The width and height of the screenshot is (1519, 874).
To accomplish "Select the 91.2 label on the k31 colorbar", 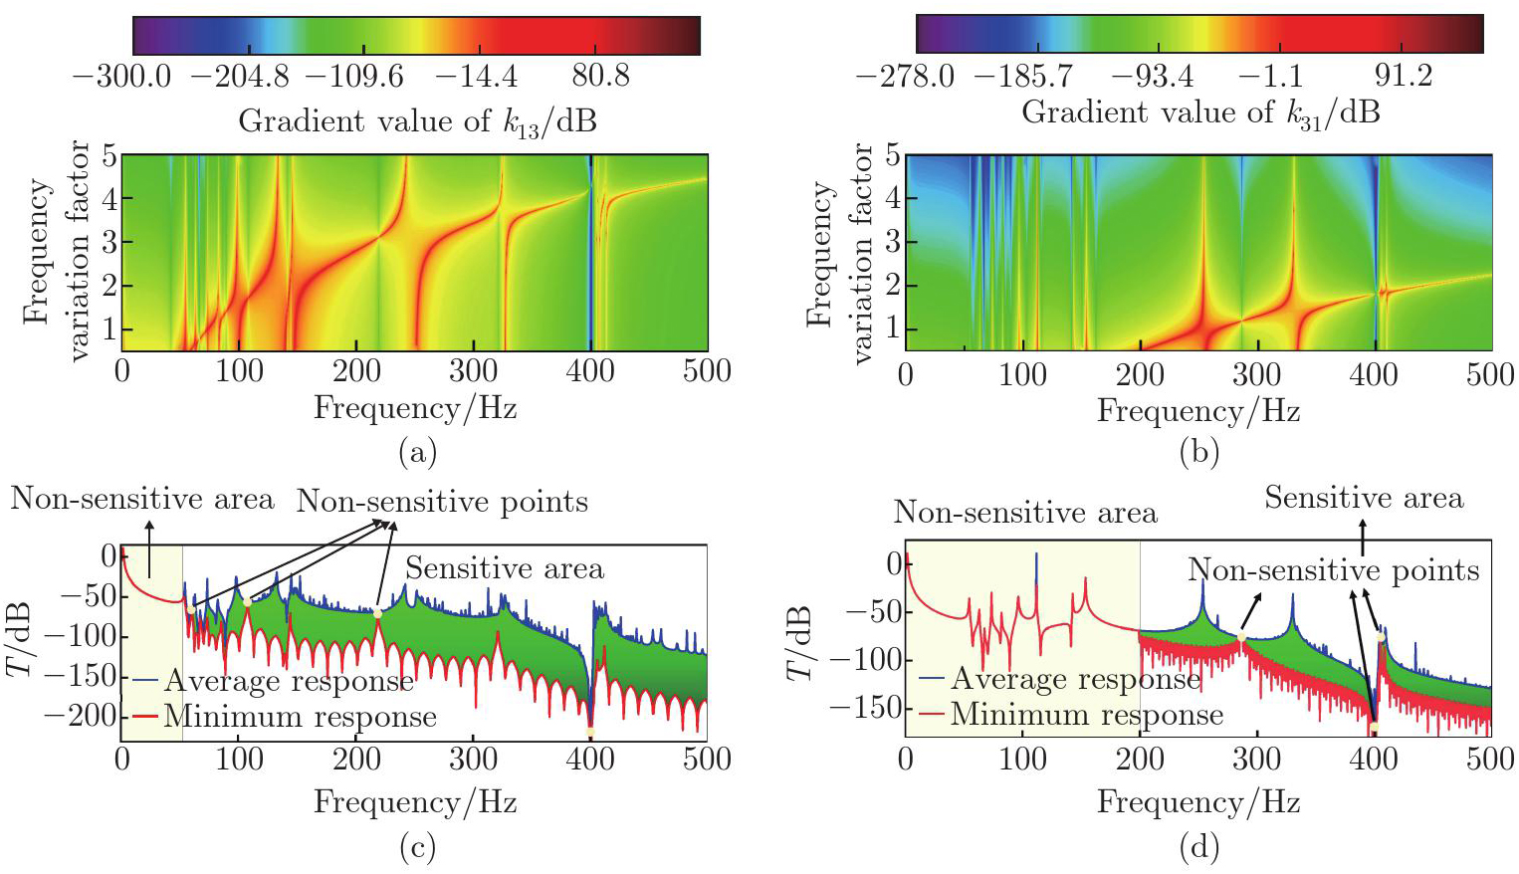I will (x=1403, y=75).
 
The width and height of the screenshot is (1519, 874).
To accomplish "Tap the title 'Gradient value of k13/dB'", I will (x=417, y=121).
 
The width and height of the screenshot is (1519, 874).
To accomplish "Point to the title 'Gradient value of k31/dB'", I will (x=1200, y=112).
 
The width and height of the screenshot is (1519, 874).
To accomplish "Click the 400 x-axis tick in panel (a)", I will (x=590, y=371).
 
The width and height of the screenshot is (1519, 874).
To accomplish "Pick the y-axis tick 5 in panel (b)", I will (x=893, y=156).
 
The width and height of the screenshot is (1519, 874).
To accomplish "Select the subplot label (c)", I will (x=417, y=847).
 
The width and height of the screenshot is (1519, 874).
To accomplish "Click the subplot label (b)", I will (x=1198, y=453).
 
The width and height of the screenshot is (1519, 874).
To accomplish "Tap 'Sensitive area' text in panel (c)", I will (x=504, y=568).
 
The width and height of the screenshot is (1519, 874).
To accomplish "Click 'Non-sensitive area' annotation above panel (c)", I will (x=142, y=499).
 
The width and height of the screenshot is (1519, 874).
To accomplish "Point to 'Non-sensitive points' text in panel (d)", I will (x=1333, y=570).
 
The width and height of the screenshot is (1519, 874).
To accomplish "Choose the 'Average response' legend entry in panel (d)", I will (x=1075, y=679).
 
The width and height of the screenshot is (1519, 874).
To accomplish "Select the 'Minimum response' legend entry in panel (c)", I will (x=300, y=717).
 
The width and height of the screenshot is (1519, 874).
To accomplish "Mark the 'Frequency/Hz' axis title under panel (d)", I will (x=1198, y=802).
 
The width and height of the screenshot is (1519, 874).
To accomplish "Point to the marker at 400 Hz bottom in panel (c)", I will (x=591, y=733).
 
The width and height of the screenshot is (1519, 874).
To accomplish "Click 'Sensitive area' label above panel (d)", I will (x=1364, y=498).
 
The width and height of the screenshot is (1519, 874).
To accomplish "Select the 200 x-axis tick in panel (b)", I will (x=1139, y=374).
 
